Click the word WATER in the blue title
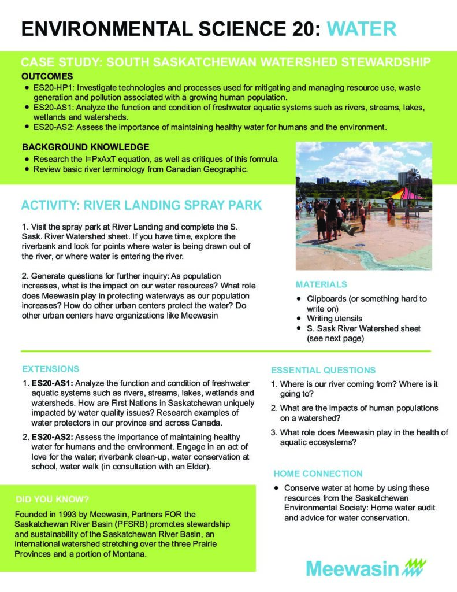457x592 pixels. (x=361, y=28)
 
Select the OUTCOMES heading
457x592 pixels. (x=47, y=76)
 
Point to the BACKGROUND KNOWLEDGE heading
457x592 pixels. (x=85, y=147)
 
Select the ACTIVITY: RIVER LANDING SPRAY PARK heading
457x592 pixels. (x=142, y=205)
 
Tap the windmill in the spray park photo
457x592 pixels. (x=412, y=176)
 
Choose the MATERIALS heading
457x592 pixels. (x=321, y=284)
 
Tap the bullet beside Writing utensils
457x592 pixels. (x=298, y=319)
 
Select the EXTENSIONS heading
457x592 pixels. (x=50, y=368)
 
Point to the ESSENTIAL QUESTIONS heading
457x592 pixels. (x=323, y=370)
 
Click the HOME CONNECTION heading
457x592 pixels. (x=318, y=473)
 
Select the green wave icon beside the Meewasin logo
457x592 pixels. (x=418, y=567)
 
